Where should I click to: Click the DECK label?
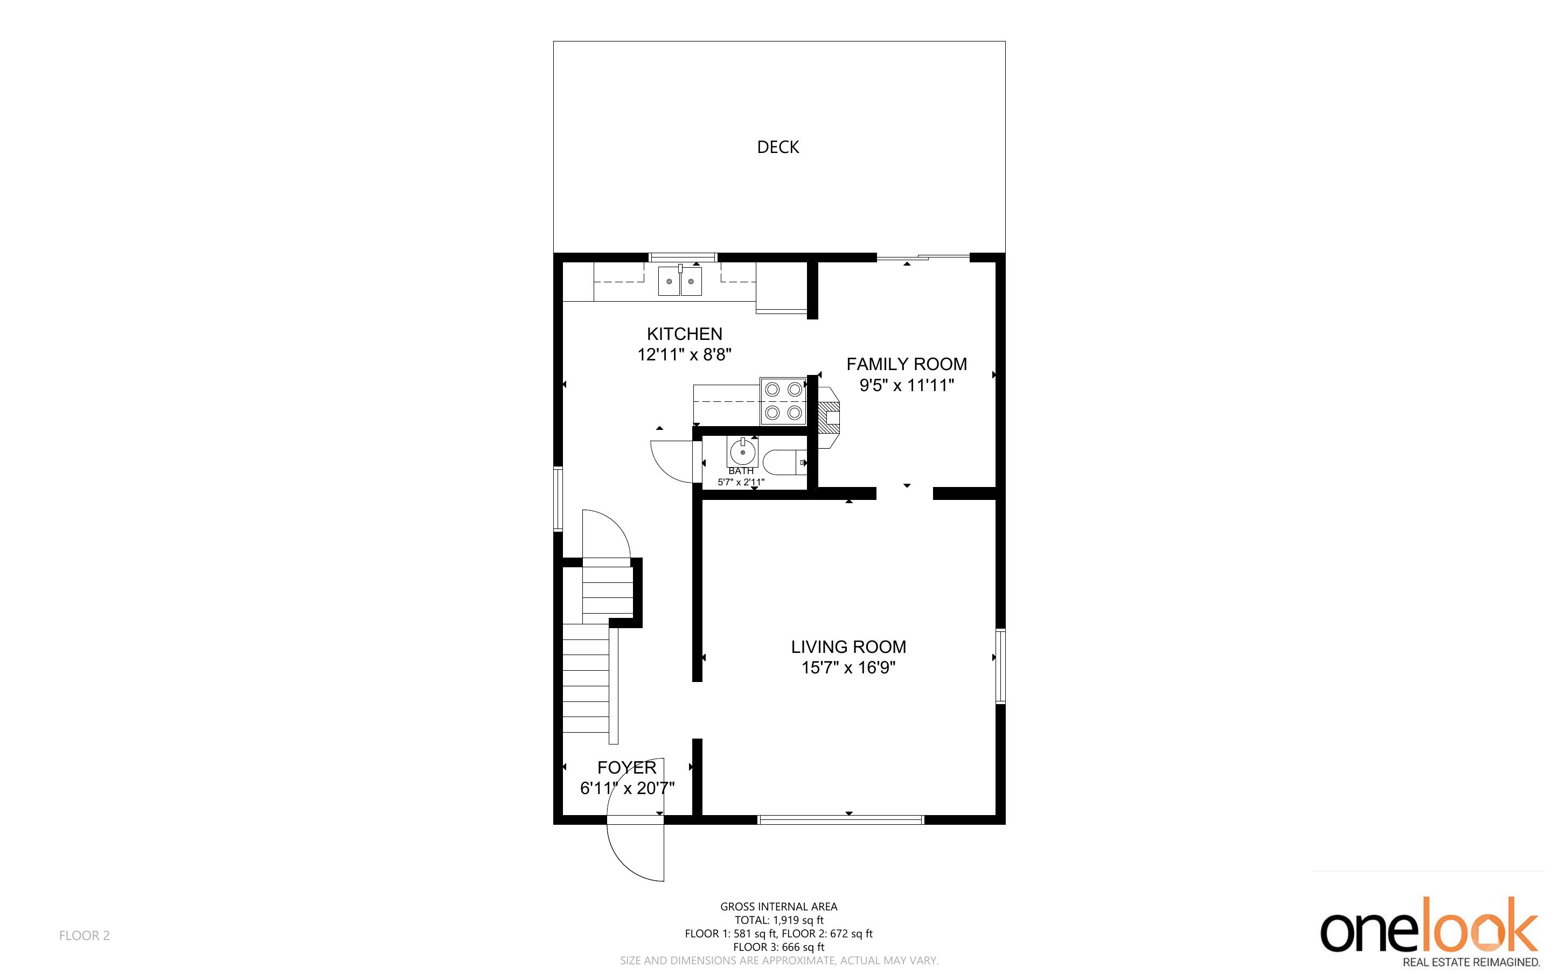(x=778, y=148)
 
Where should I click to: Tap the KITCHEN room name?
(x=685, y=333)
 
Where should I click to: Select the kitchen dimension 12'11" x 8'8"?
(x=685, y=355)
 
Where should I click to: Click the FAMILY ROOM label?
(x=907, y=364)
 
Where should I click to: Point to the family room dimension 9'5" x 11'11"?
(x=907, y=385)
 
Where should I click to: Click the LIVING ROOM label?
(x=849, y=647)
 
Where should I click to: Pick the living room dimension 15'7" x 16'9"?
(x=849, y=667)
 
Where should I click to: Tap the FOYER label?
(x=627, y=767)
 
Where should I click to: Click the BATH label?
(x=741, y=471)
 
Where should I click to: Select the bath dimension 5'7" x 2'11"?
(x=741, y=482)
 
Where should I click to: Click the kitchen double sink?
(x=680, y=282)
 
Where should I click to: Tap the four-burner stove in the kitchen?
(x=784, y=401)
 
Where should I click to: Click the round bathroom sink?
(x=742, y=451)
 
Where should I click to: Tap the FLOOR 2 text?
(x=85, y=935)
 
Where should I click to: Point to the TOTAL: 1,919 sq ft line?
(x=779, y=921)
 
